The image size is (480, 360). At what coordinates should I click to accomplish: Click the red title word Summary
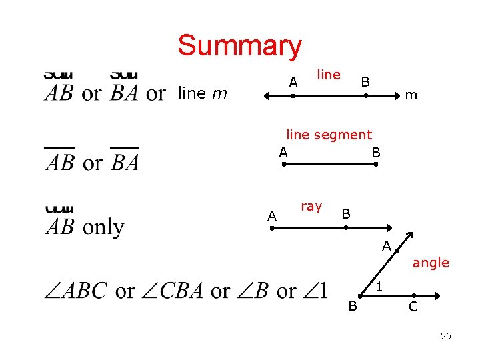coord(239,46)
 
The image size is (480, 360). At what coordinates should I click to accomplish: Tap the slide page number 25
coord(446,336)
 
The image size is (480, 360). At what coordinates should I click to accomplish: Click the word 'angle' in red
coord(431,263)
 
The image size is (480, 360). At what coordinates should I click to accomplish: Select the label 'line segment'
coord(329,135)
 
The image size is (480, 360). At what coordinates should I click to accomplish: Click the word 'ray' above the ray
coord(311,206)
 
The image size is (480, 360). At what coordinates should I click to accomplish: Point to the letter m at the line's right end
coord(411,95)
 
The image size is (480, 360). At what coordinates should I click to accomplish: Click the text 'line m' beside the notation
coord(203,94)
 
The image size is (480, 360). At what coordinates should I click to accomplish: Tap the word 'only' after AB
coord(103,227)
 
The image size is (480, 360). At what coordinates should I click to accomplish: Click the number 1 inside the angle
coord(379,287)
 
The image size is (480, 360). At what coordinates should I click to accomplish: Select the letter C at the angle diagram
coord(413,307)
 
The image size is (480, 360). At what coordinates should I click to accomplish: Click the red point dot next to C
coord(413,295)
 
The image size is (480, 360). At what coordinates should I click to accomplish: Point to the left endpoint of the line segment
coord(283,163)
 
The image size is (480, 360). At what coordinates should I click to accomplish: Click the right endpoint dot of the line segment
coord(376,163)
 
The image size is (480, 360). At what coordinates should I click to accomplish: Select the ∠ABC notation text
coord(75,291)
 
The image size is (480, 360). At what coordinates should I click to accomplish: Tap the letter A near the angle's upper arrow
coord(386,246)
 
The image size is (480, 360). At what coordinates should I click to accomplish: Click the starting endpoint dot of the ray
coord(272,228)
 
